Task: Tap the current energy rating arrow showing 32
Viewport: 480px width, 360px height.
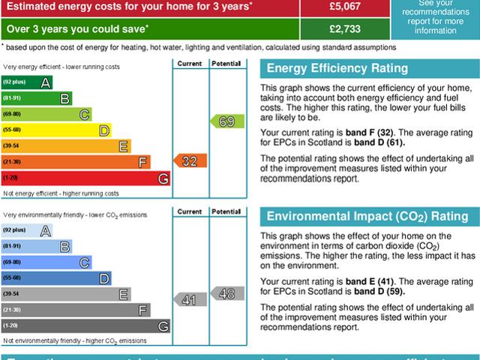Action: tap(190, 161)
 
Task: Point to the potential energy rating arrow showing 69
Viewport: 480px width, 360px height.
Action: tap(226, 121)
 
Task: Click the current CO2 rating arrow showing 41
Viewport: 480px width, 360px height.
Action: tap(190, 300)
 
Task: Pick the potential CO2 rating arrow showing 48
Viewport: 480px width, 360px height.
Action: tap(226, 293)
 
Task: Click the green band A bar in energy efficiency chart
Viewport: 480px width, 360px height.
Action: tap(27, 81)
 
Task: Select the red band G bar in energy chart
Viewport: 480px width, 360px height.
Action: tap(85, 178)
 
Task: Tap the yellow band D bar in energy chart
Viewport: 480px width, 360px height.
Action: tap(56, 130)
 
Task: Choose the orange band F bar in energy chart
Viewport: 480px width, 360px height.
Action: tap(76, 162)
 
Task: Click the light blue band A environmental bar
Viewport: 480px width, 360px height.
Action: tap(27, 230)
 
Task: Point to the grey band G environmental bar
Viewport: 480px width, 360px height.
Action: tap(85, 326)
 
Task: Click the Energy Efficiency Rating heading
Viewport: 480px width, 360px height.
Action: tap(337, 69)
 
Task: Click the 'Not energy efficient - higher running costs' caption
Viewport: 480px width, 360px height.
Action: tap(61, 193)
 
